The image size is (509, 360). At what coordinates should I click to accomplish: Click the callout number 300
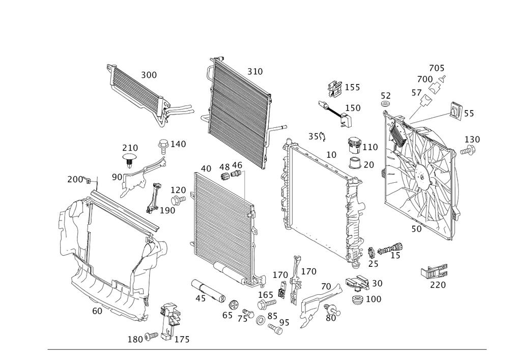click(x=149, y=75)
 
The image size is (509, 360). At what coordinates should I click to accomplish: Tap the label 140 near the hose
click(x=178, y=145)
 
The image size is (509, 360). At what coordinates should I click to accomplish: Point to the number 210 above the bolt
click(x=130, y=147)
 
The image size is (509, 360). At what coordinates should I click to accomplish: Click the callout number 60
click(x=97, y=310)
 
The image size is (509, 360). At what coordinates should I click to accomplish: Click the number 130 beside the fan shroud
click(x=472, y=139)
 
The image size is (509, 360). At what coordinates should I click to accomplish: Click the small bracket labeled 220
click(x=434, y=271)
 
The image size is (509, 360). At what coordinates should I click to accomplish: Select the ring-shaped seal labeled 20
click(x=357, y=164)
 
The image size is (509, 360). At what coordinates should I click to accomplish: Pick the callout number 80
click(x=330, y=318)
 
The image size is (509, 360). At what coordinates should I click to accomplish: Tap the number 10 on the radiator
click(x=331, y=155)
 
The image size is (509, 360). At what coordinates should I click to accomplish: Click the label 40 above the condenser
click(x=206, y=168)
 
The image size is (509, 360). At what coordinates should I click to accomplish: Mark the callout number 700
click(x=425, y=80)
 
